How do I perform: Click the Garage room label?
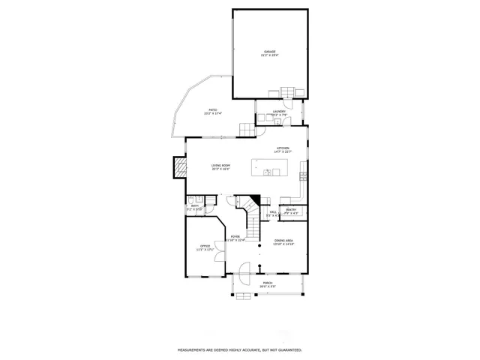pyautogui.click(x=269, y=52)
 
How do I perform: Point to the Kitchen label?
pyautogui.click(x=283, y=149)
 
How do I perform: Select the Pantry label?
pyautogui.click(x=291, y=211)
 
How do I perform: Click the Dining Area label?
pyautogui.click(x=283, y=241)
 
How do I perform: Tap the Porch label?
pyautogui.click(x=268, y=284)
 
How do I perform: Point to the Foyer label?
pyautogui.click(x=235, y=238)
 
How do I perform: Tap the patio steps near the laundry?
pyautogui.click(x=247, y=129)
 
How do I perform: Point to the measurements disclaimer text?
pyautogui.click(x=239, y=349)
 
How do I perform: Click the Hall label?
pyautogui.click(x=273, y=212)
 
